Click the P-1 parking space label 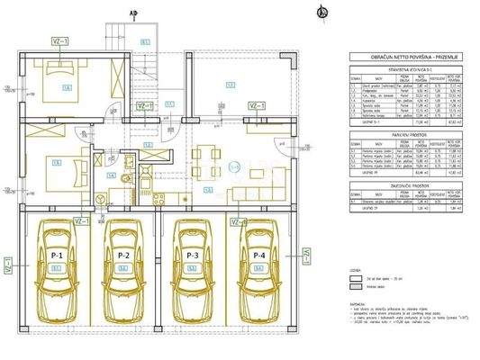[57, 256]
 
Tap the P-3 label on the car [190, 256]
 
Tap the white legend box [356, 278]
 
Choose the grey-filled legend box [356, 289]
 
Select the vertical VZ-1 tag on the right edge [306, 256]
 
